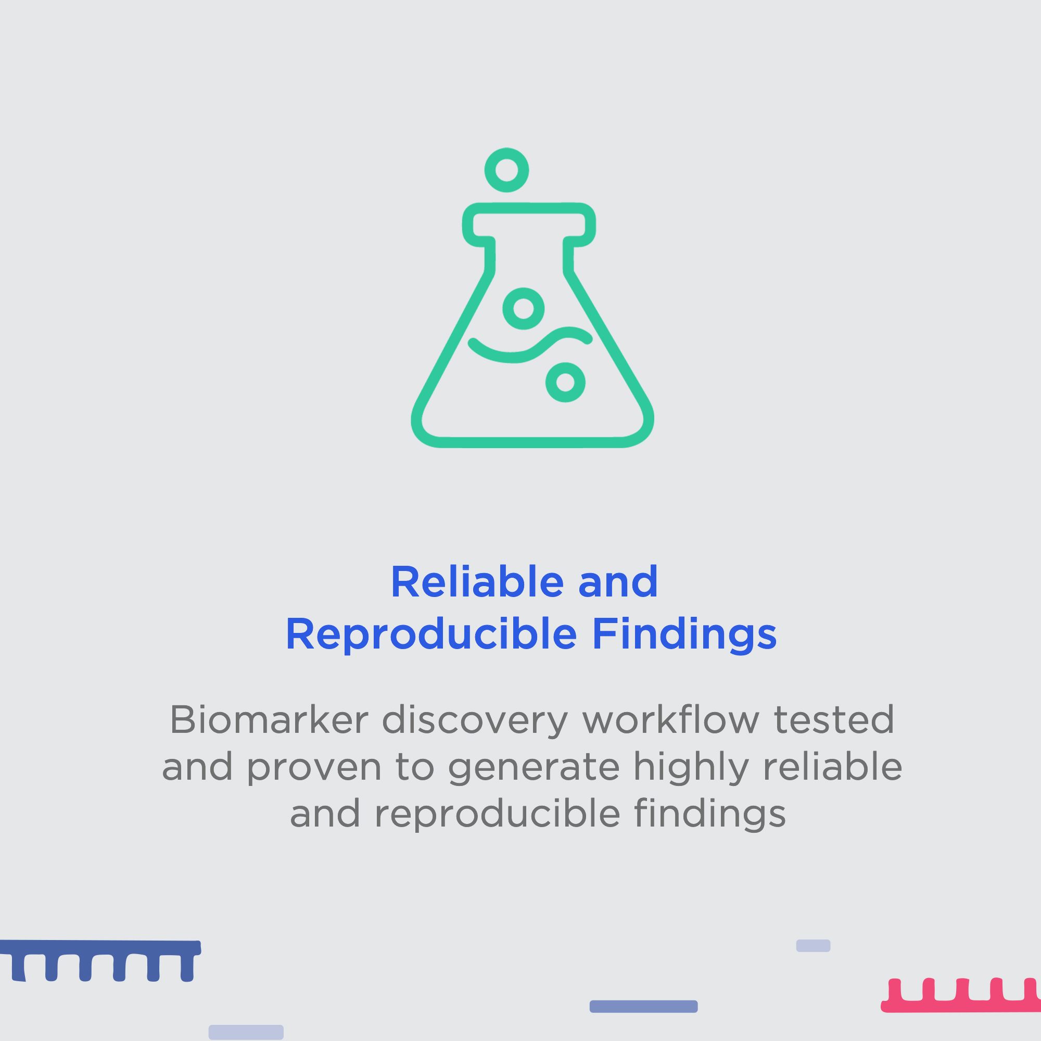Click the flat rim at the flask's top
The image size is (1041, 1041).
529,208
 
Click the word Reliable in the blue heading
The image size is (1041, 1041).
477,582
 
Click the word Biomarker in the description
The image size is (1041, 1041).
270,720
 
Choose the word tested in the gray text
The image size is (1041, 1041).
834,720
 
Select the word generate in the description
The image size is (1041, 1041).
534,768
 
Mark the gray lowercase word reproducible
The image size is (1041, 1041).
497,814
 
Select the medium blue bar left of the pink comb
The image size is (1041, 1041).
643,1007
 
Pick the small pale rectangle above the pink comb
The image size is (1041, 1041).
813,946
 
